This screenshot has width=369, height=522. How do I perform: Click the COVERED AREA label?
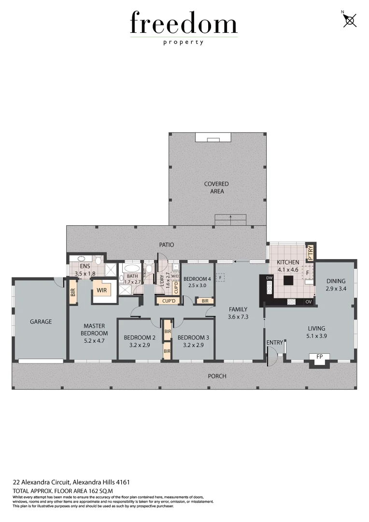pyautogui.click(x=216, y=188)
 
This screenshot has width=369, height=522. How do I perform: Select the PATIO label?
pyautogui.click(x=167, y=245)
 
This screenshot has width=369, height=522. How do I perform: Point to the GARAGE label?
pyautogui.click(x=41, y=321)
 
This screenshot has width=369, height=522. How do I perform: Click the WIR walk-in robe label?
pyautogui.click(x=102, y=290)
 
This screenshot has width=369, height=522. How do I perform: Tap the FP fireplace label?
pyautogui.click(x=319, y=357)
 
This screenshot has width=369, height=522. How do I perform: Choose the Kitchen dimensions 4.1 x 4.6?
pyautogui.click(x=288, y=269)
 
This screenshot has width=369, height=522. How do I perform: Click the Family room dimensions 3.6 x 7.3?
pyautogui.click(x=239, y=317)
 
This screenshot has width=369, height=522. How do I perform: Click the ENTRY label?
pyautogui.click(x=275, y=343)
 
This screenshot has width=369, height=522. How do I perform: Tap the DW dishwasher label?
pyautogui.click(x=270, y=278)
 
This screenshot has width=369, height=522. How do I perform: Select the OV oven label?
pyautogui.click(x=308, y=302)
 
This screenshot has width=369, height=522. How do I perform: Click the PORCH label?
pyautogui.click(x=217, y=376)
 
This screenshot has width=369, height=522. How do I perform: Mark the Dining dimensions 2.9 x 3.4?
pyautogui.click(x=336, y=289)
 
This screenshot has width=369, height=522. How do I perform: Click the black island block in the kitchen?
pyautogui.click(x=289, y=281)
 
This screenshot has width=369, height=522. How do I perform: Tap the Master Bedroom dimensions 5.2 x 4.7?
pyautogui.click(x=94, y=340)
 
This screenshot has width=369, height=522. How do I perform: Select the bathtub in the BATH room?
pyautogui.click(x=132, y=269)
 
